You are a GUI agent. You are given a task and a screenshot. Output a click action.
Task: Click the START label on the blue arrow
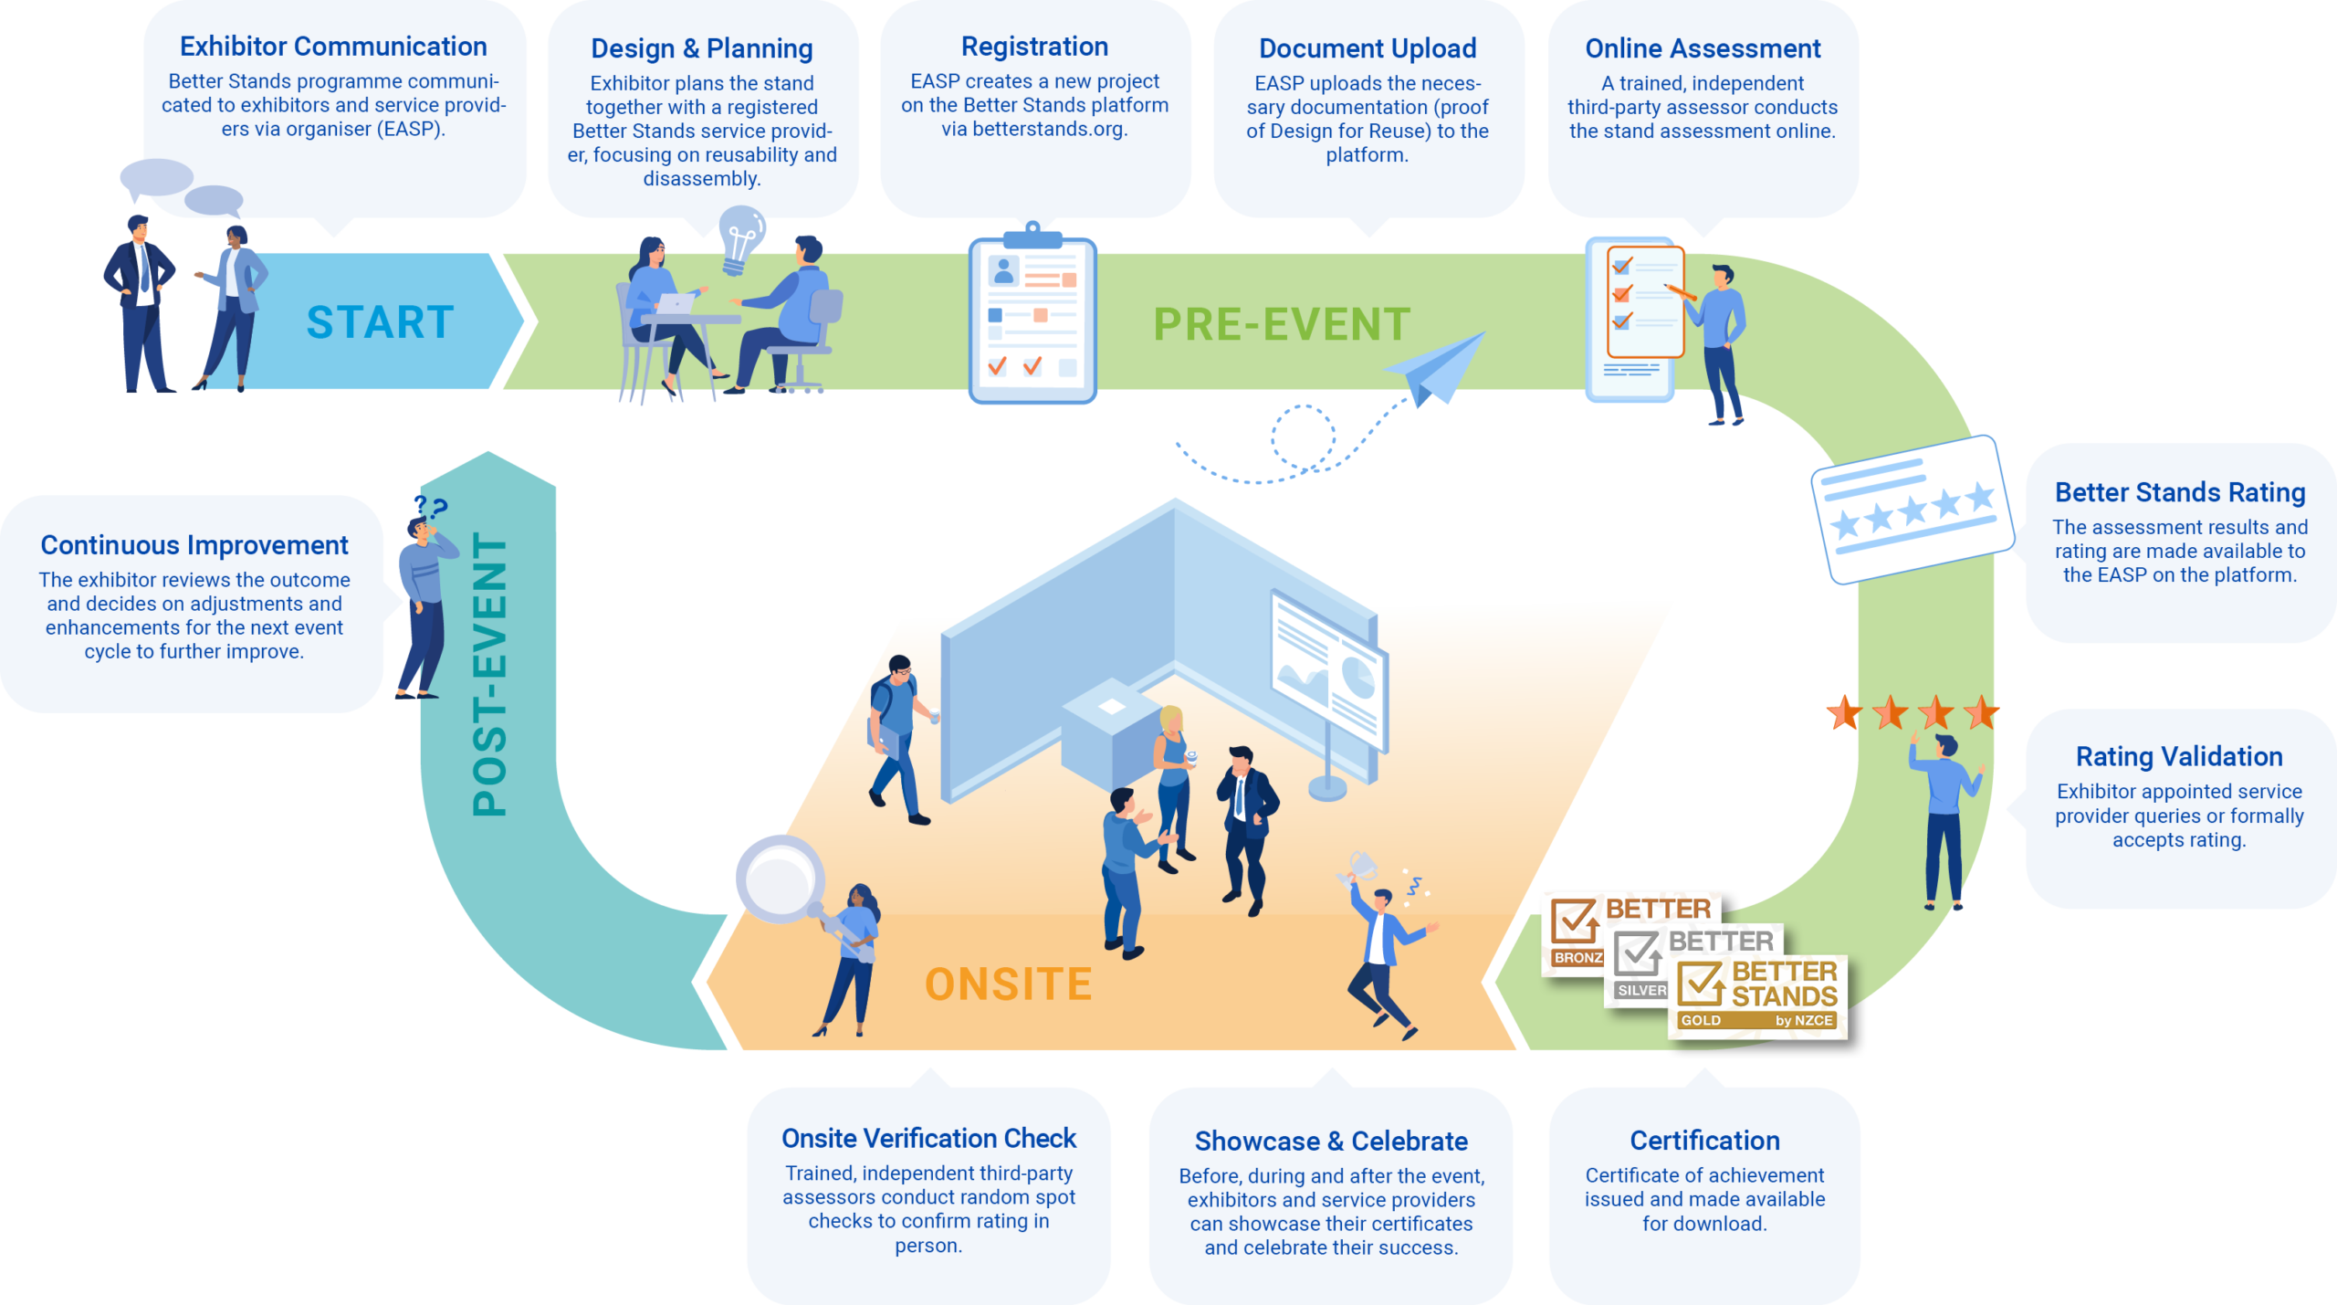coord(380,322)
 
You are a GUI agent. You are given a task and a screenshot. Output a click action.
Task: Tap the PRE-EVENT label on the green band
coord(1282,325)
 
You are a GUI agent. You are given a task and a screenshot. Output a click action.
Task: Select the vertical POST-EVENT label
coord(490,674)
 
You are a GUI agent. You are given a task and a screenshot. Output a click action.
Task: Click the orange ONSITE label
coord(1008,984)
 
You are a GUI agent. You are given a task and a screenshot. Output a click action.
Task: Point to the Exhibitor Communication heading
coord(333,47)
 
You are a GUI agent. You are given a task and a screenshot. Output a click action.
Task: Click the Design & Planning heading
coord(701,48)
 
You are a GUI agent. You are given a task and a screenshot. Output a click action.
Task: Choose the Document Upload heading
coord(1367,48)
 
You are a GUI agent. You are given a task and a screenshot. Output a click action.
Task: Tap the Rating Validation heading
coord(2178,757)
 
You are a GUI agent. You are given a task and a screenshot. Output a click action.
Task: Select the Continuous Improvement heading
coord(194,545)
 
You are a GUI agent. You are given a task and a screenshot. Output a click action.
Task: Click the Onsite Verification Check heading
coord(928,1139)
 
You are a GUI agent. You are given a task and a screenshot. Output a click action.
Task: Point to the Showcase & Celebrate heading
coord(1330,1142)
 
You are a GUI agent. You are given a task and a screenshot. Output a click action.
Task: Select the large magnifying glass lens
coord(779,879)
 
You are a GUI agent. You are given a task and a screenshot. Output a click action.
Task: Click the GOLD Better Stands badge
coord(1756,996)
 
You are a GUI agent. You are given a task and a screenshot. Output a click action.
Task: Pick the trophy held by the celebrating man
coord(1360,864)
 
